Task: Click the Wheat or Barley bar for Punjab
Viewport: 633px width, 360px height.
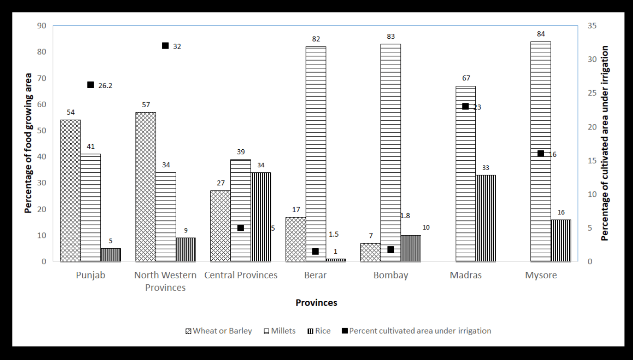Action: click(x=70, y=190)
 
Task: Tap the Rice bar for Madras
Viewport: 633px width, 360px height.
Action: click(x=486, y=218)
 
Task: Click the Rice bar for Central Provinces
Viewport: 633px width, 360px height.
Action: click(x=261, y=217)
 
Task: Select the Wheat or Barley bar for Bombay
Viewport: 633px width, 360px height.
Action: click(x=370, y=252)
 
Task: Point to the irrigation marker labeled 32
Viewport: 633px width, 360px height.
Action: click(x=165, y=46)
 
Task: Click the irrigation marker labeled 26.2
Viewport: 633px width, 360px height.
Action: click(x=91, y=85)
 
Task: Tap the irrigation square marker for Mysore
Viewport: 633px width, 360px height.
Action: click(x=541, y=153)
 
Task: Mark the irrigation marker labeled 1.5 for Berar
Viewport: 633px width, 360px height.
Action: click(x=315, y=251)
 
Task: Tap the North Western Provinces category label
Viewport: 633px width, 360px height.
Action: click(x=165, y=281)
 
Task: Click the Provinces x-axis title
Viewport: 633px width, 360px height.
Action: click(x=316, y=303)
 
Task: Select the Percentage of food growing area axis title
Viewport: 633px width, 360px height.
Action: click(x=29, y=143)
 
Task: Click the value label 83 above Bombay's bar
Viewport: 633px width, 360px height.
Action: click(x=391, y=36)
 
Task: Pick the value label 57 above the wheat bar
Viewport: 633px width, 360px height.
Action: click(x=146, y=104)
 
